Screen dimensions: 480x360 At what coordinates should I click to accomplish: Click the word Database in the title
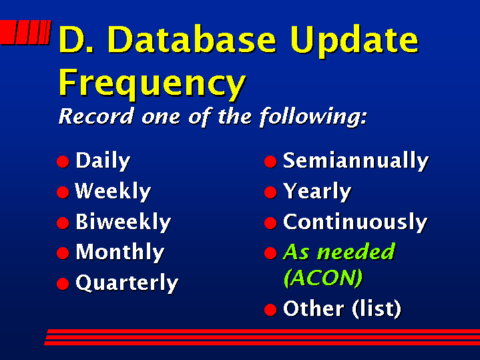click(192, 39)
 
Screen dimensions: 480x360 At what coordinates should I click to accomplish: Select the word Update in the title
click(354, 42)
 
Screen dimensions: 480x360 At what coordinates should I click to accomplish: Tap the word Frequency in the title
click(152, 83)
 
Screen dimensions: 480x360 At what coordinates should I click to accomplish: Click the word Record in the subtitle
click(96, 116)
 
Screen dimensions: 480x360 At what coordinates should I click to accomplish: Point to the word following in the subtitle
click(313, 118)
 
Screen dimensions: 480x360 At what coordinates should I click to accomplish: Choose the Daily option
click(103, 161)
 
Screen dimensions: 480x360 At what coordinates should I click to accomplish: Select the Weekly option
click(113, 192)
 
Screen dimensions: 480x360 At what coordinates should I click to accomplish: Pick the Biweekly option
click(123, 222)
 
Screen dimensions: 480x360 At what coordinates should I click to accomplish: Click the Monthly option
click(119, 252)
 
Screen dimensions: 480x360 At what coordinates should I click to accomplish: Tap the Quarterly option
click(127, 283)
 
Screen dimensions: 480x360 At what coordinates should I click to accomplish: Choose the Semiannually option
click(356, 161)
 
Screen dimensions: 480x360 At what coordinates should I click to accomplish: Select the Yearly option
click(317, 192)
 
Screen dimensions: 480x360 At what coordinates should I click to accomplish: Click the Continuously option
click(355, 222)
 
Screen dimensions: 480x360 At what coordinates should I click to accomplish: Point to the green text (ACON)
click(323, 278)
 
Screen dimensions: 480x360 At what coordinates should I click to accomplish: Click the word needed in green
click(356, 251)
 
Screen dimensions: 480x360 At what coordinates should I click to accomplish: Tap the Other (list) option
click(342, 309)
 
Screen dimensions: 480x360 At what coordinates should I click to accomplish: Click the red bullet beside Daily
click(63, 162)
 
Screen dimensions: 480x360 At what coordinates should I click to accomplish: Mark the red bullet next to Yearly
click(270, 192)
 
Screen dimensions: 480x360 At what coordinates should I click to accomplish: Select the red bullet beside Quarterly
click(63, 284)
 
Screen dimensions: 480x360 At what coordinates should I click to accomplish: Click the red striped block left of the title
click(25, 33)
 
